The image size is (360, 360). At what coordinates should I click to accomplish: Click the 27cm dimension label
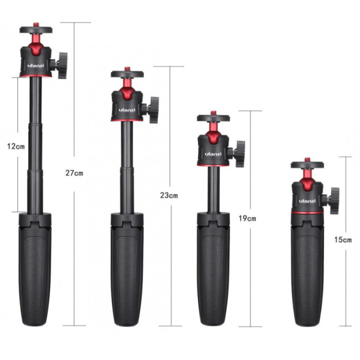point(74,173)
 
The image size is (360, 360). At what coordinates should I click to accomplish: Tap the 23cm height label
point(169,195)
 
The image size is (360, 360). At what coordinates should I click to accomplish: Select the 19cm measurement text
point(247,218)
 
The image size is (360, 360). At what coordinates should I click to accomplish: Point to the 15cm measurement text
point(343,240)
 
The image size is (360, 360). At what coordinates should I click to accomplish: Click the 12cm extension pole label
point(16,146)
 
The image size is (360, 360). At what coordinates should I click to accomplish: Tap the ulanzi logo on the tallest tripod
point(35,66)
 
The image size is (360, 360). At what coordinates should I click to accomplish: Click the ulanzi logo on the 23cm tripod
point(127,110)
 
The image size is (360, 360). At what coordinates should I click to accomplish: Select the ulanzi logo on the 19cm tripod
point(213,154)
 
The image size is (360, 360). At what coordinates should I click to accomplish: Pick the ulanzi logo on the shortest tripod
point(307,201)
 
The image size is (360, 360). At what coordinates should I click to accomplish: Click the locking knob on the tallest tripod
point(62,65)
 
